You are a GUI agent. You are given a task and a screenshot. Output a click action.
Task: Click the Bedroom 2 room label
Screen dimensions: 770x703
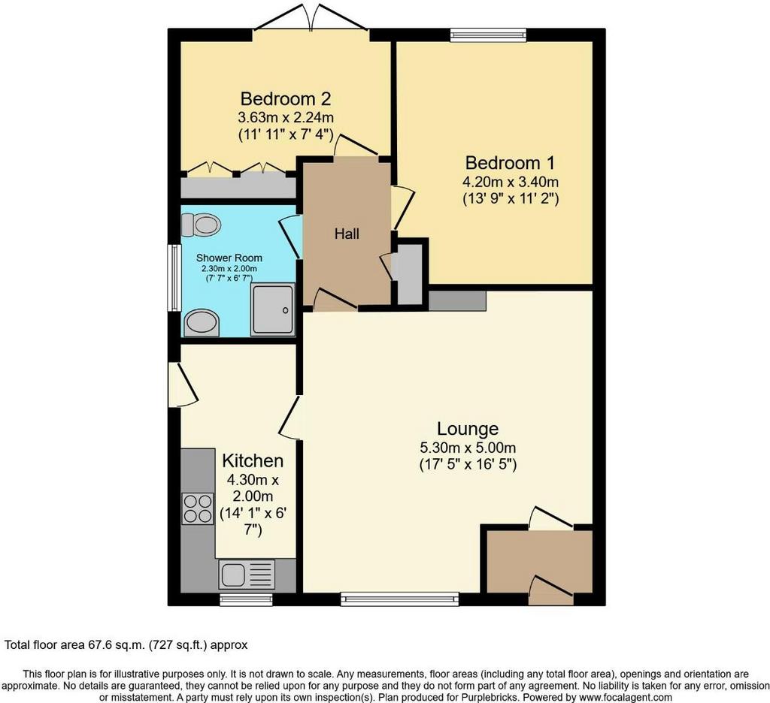pos(285,99)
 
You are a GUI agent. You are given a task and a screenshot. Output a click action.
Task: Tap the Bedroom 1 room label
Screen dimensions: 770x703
pos(511,162)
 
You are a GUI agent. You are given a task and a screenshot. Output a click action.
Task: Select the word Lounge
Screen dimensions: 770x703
pos(468,429)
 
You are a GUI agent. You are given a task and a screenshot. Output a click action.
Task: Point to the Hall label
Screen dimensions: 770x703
pos(347,234)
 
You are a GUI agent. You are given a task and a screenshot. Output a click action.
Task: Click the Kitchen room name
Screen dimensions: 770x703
pos(253,460)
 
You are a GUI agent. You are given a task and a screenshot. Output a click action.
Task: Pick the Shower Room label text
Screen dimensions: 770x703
pos(229,258)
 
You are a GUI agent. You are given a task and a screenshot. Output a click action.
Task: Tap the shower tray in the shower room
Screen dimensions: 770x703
pos(273,309)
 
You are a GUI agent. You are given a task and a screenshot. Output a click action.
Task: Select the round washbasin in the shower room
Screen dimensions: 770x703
pos(202,323)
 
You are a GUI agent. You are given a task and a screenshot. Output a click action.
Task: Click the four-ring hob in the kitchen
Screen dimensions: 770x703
pos(198,508)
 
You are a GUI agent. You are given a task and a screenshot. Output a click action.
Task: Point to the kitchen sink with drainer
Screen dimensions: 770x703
pos(247,575)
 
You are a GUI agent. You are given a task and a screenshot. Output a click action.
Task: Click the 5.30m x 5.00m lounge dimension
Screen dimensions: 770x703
pos(468,448)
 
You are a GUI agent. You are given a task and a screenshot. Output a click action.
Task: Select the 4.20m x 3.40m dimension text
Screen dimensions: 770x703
pos(511,182)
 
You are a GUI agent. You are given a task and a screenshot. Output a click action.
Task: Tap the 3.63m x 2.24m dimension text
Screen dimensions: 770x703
pos(286,118)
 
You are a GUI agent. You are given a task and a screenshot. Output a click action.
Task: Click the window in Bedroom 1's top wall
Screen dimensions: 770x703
pos(489,35)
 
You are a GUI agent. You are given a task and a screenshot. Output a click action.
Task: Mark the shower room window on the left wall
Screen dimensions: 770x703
pos(174,278)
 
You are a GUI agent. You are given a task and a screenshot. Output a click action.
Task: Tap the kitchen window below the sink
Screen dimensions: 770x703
pos(246,599)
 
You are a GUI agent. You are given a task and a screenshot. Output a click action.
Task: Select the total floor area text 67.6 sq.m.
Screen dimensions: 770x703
pos(126,644)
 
